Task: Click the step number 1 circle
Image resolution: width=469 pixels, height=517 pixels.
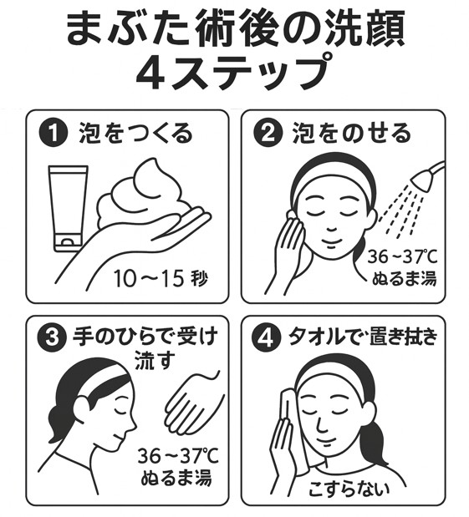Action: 54,134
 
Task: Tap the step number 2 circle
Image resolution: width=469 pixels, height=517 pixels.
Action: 268,134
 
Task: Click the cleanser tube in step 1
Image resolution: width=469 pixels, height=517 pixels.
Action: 69,208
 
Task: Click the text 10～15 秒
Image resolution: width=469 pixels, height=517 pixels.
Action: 161,279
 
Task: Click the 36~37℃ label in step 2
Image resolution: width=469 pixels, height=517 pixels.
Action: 403,257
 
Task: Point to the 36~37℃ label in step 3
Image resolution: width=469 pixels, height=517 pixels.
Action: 178,456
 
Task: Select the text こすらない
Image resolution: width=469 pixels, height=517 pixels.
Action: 349,489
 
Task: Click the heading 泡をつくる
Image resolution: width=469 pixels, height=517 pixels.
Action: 135,134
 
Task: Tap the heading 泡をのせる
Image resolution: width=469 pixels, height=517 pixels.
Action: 352,134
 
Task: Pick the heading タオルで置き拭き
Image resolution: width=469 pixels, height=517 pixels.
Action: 363,337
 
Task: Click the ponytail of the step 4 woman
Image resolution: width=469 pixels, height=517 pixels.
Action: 376,437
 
